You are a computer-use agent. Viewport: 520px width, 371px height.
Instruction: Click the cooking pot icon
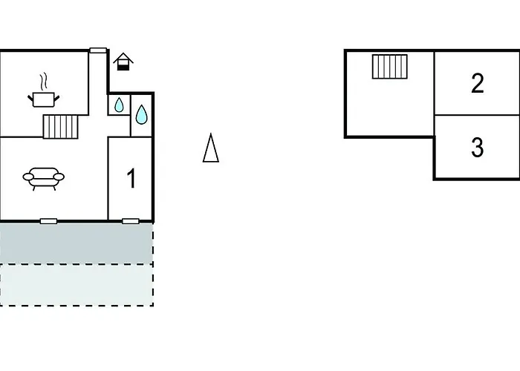pos(44,99)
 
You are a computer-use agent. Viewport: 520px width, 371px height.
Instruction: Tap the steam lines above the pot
pos(45,79)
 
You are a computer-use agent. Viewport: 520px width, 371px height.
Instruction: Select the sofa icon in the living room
pos(44,178)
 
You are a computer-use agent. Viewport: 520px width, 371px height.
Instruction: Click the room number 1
pos(131,179)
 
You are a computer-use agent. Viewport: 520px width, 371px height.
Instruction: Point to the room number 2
pos(478,83)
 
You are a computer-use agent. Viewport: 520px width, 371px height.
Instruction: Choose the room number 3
pos(478,148)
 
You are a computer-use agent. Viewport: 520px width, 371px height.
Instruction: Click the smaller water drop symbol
pos(119,105)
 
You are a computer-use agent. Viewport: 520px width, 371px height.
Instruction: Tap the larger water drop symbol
pos(141,114)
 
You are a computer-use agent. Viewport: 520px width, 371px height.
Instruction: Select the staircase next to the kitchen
pos(60,127)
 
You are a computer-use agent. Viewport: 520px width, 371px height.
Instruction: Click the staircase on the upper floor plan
pos(390,67)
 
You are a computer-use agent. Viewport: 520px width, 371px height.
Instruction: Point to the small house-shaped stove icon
pos(123,62)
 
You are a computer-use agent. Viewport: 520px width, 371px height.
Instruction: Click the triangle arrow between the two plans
pos(211,148)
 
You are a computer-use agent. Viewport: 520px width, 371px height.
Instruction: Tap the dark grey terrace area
pos(76,243)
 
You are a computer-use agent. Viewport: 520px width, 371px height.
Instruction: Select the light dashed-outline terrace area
pos(76,285)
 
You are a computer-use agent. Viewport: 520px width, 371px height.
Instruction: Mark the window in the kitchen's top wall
pos(98,50)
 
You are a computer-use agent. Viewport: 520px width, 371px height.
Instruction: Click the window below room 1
pos(131,220)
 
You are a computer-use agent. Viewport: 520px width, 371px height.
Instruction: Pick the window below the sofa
pos(49,220)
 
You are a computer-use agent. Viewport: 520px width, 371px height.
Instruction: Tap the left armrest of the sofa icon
pos(27,177)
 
